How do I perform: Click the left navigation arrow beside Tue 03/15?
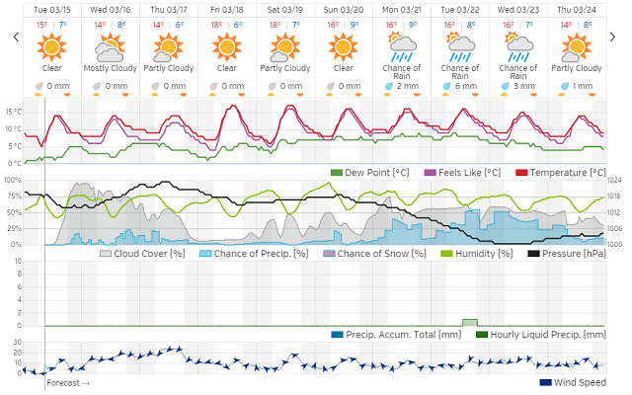coord(15,37)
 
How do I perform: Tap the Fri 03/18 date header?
coord(226,9)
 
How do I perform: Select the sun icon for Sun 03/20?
coord(343,45)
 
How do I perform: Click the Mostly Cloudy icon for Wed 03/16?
coord(110,46)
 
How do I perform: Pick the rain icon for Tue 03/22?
coord(459,45)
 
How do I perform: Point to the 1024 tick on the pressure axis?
coord(614,180)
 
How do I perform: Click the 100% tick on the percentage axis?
coord(13,180)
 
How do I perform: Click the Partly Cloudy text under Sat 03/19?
coord(284,68)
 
